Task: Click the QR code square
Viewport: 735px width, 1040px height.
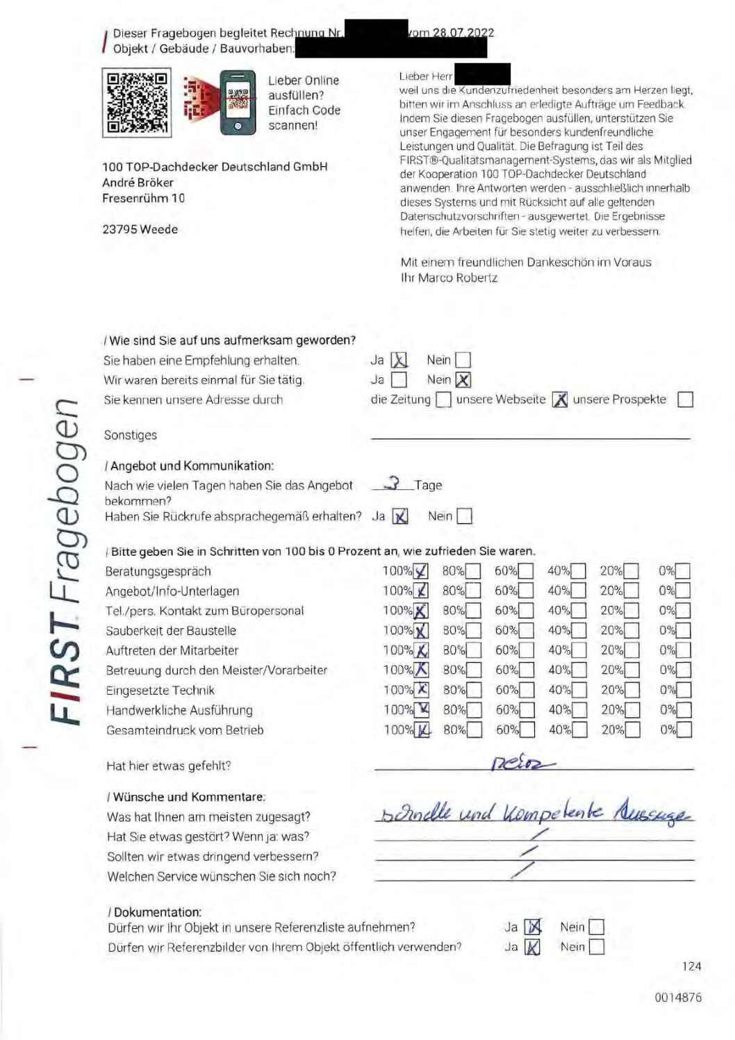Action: (136, 103)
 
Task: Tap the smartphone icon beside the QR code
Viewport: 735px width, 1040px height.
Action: (238, 103)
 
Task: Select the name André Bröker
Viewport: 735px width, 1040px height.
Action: (138, 183)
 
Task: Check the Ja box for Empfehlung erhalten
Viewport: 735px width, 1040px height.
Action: (399, 360)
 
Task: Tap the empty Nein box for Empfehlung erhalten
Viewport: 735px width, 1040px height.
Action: (463, 360)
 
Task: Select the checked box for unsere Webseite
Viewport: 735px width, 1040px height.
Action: (560, 399)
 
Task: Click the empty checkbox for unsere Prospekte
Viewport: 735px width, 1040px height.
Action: (685, 399)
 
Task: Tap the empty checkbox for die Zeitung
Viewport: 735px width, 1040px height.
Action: (443, 399)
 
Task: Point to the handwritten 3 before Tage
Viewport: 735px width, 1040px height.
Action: (394, 484)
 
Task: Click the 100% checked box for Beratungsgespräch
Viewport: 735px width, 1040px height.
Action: (421, 571)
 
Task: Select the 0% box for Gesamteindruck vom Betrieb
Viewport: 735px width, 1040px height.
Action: (684, 729)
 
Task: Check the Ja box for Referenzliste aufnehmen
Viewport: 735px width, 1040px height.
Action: (532, 927)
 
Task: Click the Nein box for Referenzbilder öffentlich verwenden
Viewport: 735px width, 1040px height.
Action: (596, 946)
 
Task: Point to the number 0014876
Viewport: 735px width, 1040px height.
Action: (677, 997)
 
